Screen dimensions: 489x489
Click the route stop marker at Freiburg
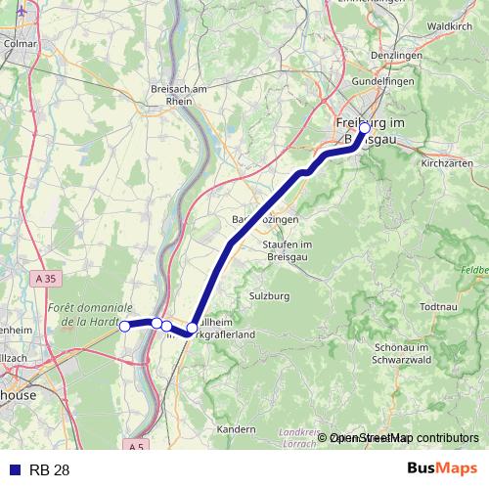point(365,128)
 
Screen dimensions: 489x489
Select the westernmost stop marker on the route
point(124,327)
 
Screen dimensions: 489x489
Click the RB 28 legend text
point(50,470)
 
